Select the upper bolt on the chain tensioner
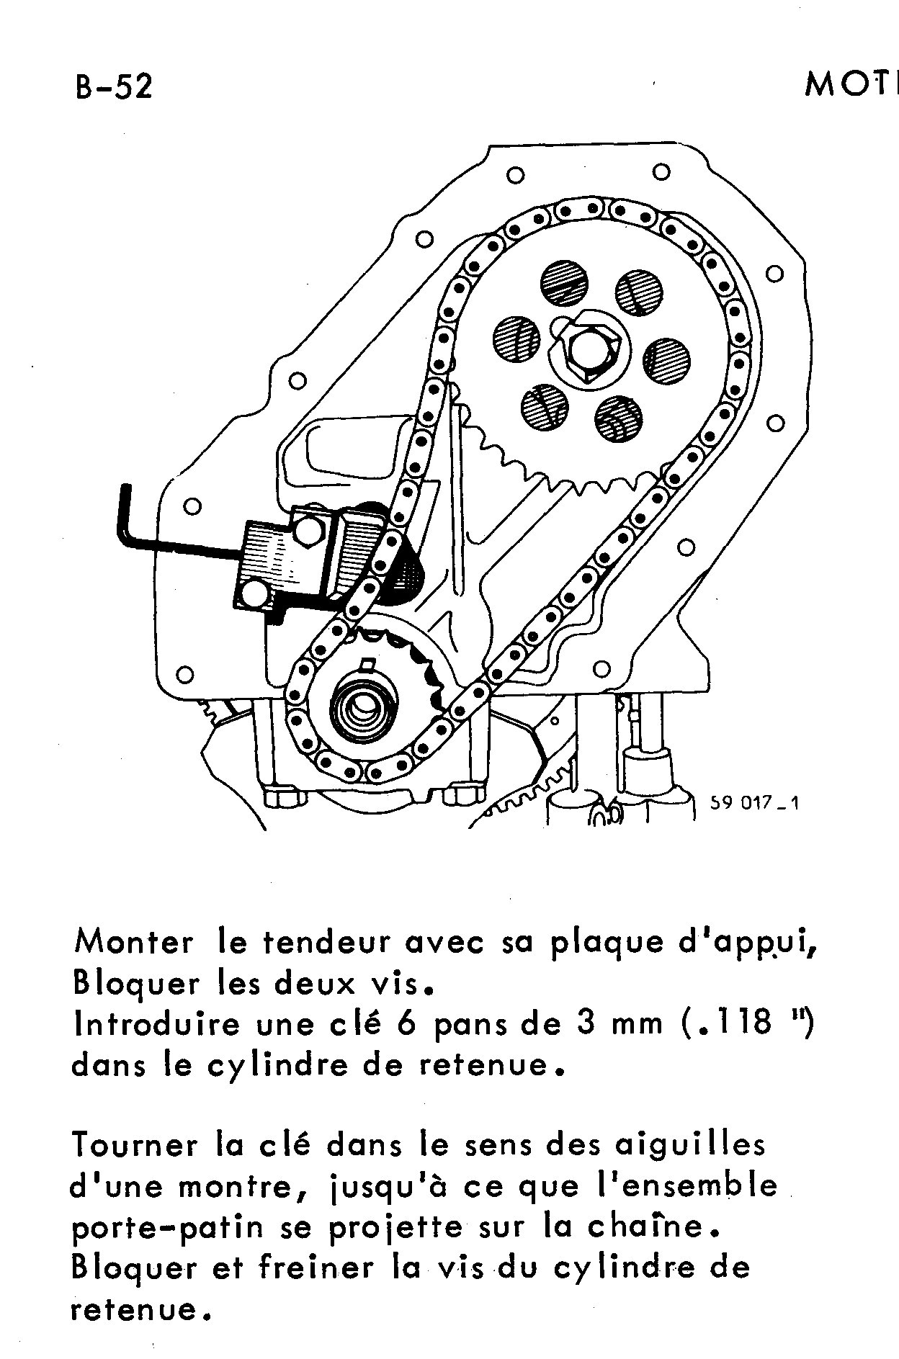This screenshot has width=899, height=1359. click(308, 531)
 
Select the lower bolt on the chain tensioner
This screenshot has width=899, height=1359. click(254, 595)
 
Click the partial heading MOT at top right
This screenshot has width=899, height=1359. click(850, 86)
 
